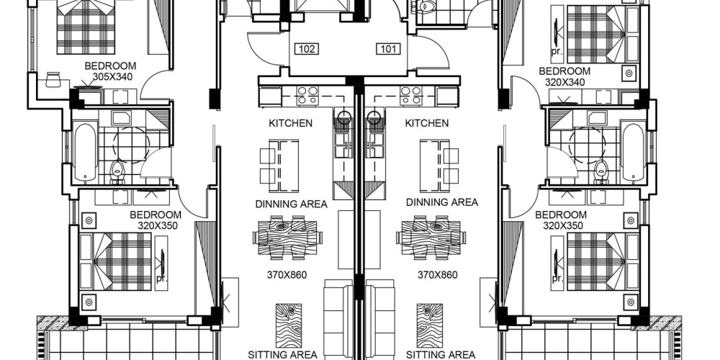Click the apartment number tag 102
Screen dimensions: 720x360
(x=307, y=49)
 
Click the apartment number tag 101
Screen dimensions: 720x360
(x=389, y=49)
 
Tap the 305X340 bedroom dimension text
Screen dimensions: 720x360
(x=112, y=77)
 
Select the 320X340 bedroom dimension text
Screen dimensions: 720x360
(x=564, y=83)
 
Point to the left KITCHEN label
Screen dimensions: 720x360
(x=291, y=123)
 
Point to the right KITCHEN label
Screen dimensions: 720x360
(x=427, y=123)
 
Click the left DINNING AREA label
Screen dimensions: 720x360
(x=291, y=204)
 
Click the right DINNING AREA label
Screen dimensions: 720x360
(x=442, y=202)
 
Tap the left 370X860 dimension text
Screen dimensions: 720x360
(x=287, y=276)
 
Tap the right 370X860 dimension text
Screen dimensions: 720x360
(x=438, y=276)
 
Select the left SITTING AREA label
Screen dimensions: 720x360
(x=282, y=354)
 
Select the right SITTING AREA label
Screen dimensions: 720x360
(x=441, y=354)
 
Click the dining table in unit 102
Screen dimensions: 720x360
(x=287, y=238)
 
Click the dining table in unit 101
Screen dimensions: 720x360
(x=431, y=238)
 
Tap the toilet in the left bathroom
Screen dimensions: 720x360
(x=118, y=171)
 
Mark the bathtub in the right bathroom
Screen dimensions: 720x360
(x=633, y=151)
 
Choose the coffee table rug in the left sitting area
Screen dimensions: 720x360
(x=289, y=325)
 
